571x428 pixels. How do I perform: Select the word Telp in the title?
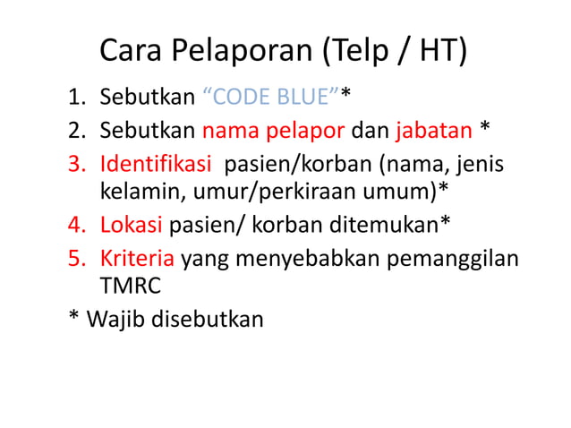click(358, 52)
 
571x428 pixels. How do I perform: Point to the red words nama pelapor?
click(273, 131)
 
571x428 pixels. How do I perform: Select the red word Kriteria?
click(138, 259)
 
